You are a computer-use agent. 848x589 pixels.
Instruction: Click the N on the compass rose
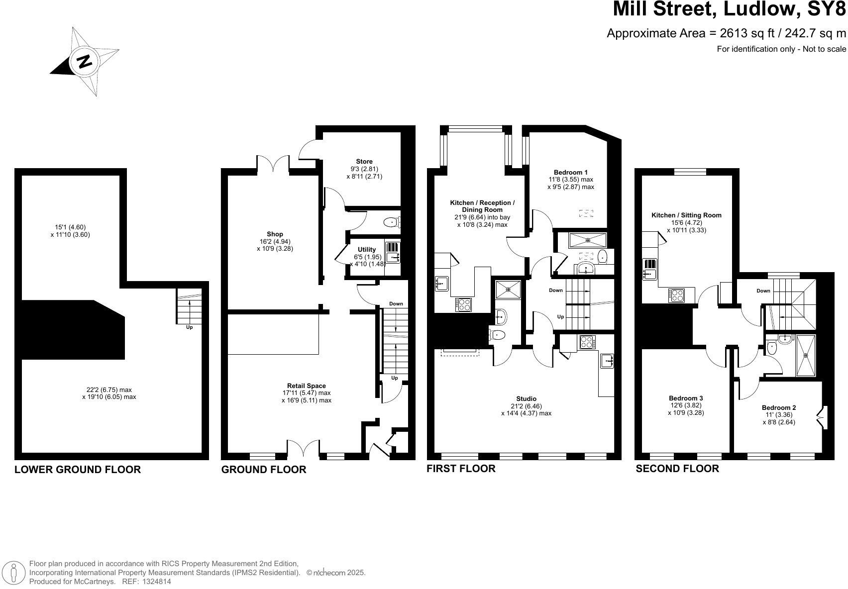tap(84, 61)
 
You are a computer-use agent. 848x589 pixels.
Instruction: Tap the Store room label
tap(364, 162)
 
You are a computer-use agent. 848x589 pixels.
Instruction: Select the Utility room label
tap(367, 250)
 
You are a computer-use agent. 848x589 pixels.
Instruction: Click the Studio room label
tap(526, 399)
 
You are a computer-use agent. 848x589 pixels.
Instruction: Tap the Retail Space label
tap(306, 386)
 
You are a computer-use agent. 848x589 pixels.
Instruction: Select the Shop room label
tap(275, 234)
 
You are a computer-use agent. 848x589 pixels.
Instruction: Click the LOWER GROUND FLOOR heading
tap(78, 470)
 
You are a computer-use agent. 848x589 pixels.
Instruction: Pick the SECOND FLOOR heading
tap(677, 469)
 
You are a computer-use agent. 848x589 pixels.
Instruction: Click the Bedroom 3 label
tap(685, 398)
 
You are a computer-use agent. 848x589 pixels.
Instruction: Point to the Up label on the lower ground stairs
tap(189, 327)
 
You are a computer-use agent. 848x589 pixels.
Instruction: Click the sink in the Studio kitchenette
tap(607, 361)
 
